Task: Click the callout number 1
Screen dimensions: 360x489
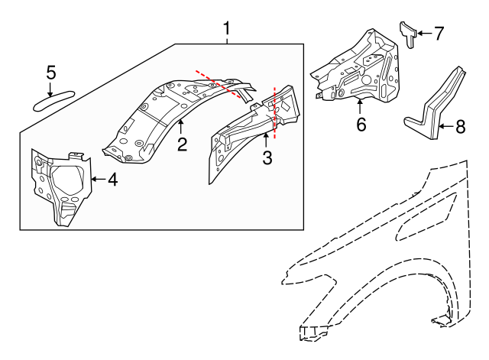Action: coord(227,29)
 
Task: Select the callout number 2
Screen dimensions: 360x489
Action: coord(182,144)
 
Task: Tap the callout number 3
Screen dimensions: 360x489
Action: coord(267,158)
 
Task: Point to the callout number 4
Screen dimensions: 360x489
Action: coord(112,180)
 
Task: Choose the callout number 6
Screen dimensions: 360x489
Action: coord(361,124)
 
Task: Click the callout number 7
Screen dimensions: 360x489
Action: coord(439,34)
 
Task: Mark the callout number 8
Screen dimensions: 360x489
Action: coord(458,126)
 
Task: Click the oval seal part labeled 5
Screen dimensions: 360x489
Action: coord(53,99)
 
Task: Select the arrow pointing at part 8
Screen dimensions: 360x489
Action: coord(445,126)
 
